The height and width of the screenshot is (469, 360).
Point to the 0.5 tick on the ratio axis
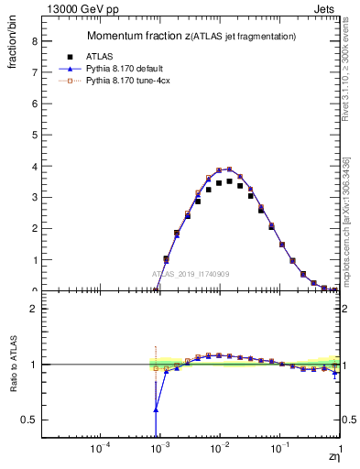tap(31, 420)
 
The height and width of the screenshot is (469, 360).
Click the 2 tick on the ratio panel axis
tap(34, 309)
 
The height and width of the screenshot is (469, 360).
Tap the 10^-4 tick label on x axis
tap(100, 450)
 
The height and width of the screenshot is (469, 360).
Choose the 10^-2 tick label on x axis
tap(219, 450)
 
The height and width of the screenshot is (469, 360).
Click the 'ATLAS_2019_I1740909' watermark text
tap(190, 274)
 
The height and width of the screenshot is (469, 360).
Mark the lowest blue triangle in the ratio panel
tap(155, 409)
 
